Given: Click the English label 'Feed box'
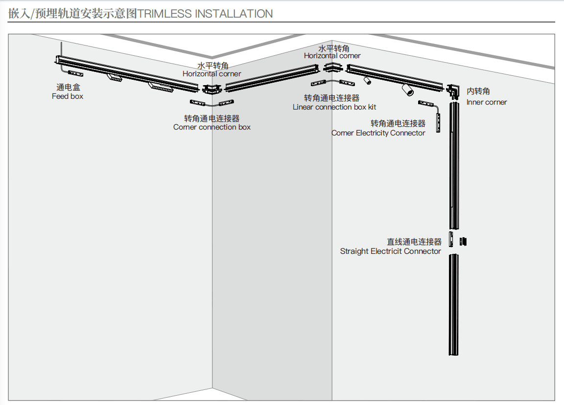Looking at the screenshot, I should point(68,96).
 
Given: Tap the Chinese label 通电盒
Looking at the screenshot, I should point(68,88).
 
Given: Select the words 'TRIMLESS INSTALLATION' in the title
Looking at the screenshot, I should point(205,14).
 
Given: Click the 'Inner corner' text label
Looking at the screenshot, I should point(487,102).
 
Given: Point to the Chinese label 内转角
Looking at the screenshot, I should point(478,91).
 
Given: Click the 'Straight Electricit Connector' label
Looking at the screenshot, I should point(391,251).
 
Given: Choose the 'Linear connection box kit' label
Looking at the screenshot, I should point(334,107).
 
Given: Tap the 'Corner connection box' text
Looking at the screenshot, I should point(212,127).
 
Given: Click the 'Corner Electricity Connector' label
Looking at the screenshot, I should point(378,133).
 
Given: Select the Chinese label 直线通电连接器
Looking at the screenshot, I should point(414,242).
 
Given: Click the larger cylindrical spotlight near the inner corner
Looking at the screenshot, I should point(407,90).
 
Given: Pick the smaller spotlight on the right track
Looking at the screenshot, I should point(367,80).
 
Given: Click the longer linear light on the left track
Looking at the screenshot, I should point(161,88).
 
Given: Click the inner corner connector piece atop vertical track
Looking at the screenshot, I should point(453,91).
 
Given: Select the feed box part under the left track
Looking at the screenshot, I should point(75,73).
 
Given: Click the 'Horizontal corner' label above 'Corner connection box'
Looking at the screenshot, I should point(212,74).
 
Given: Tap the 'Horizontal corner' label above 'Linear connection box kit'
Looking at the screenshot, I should point(332,56).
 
